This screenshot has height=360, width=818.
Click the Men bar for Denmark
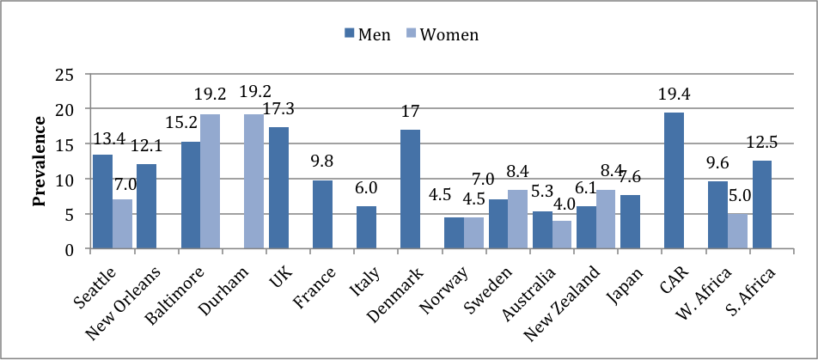410,189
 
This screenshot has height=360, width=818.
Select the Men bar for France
322,214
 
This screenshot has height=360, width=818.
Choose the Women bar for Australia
563,235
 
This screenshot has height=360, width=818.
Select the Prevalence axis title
39,162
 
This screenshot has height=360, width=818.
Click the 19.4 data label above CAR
674,95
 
